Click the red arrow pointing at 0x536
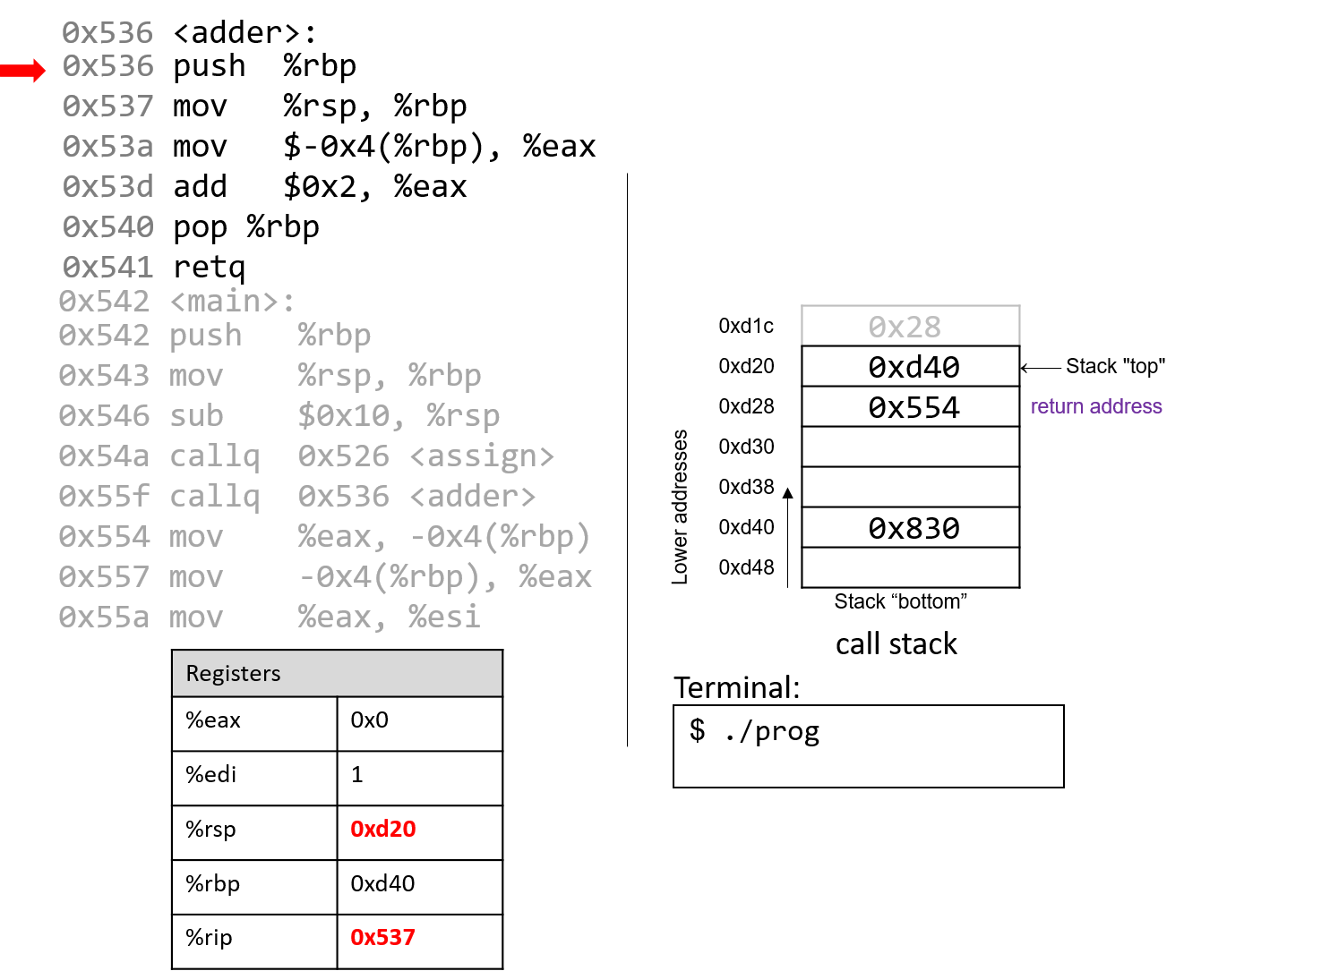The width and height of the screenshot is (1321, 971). (23, 70)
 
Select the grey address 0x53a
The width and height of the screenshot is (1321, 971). (107, 146)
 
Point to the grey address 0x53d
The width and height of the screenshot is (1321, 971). (107, 186)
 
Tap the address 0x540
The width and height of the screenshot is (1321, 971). (107, 226)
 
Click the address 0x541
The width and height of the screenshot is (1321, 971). (107, 267)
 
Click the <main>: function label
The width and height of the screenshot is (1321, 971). (232, 301)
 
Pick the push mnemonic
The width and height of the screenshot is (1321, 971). (206, 336)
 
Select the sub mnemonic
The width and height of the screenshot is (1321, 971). (196, 416)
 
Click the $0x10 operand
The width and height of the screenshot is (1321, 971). (342, 416)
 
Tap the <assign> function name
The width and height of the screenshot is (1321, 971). (482, 456)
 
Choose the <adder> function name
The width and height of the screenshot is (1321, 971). (473, 497)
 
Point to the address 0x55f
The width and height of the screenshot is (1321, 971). (104, 497)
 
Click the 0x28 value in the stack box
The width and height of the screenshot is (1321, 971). (905, 328)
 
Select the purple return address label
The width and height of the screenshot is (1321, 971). (1096, 406)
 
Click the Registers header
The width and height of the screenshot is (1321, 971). (234, 673)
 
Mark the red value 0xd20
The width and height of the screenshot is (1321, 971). (382, 829)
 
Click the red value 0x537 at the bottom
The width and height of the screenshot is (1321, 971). (382, 937)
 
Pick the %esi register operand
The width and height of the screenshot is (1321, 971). (444, 618)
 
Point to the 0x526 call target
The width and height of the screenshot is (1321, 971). (344, 456)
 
